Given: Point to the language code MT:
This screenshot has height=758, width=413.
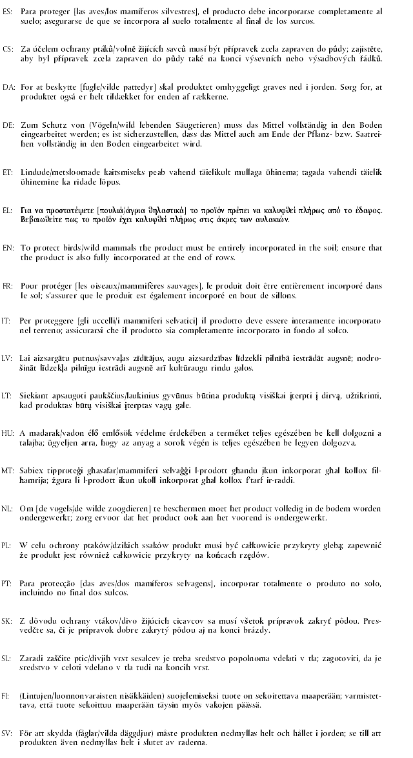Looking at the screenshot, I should click(8, 469).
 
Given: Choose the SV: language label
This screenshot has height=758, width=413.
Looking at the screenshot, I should click(8, 733).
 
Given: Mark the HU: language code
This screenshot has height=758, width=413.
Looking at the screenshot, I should click(8, 432).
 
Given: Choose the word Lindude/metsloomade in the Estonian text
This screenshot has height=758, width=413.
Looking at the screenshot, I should click(59, 174).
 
